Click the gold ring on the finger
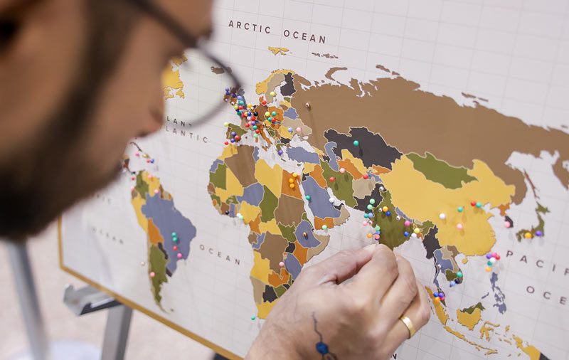[x=408, y=325]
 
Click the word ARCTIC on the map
[x=249, y=27]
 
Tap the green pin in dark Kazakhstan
[x=356, y=142]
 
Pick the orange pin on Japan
[x=528, y=235]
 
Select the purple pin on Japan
[x=538, y=233]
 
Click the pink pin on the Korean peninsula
[x=507, y=223]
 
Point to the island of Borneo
[x=469, y=317]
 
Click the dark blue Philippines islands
[x=499, y=292]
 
